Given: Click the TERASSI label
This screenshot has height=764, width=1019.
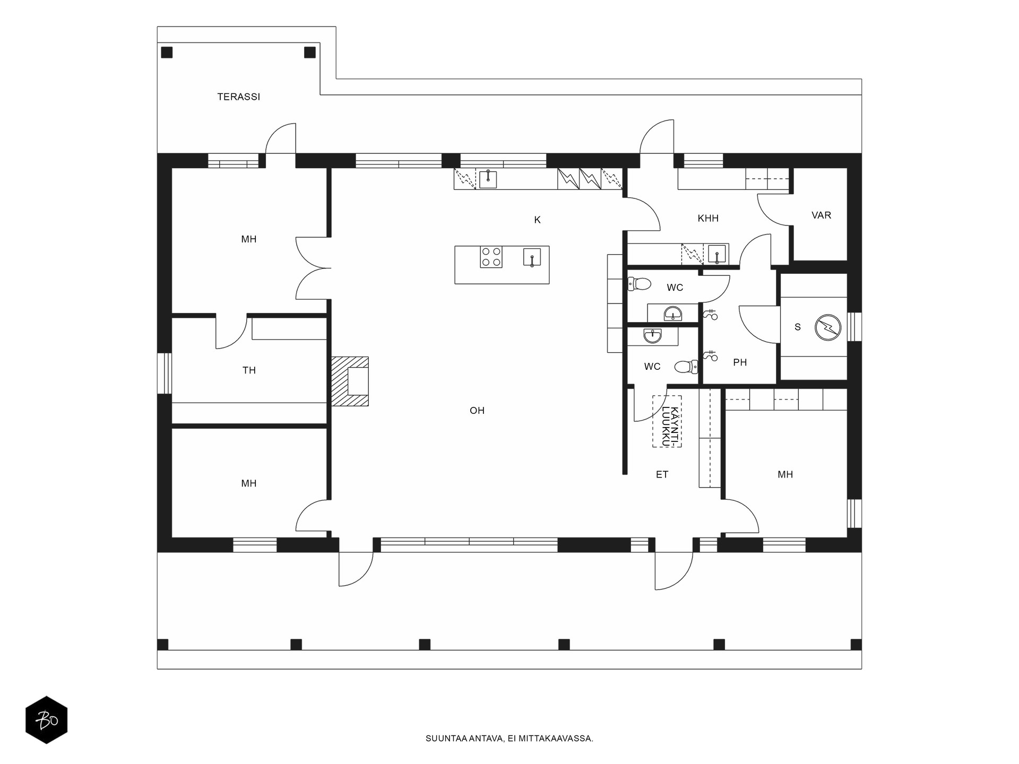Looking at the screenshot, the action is pyautogui.click(x=239, y=97).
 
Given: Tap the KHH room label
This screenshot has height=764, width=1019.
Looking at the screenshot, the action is pyautogui.click(x=708, y=218).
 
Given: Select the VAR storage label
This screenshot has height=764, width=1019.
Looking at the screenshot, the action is pyautogui.click(x=821, y=215).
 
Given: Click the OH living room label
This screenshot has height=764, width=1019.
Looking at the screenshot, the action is pyautogui.click(x=477, y=411).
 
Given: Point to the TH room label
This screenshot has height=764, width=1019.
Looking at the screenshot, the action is pyautogui.click(x=249, y=371).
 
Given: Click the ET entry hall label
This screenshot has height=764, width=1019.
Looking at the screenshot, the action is pyautogui.click(x=662, y=475).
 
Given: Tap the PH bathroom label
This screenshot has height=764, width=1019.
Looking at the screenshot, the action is pyautogui.click(x=740, y=363).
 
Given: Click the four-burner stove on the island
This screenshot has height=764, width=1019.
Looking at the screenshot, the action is pyautogui.click(x=491, y=257).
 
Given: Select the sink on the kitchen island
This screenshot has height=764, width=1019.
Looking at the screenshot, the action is pyautogui.click(x=532, y=257).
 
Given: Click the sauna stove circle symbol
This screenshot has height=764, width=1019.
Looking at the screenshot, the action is pyautogui.click(x=828, y=327).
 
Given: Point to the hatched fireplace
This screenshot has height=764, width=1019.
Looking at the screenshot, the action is pyautogui.click(x=350, y=381).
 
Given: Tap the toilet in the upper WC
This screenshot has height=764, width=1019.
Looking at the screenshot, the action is pyautogui.click(x=640, y=284).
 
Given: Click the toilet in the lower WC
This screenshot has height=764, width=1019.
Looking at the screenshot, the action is pyautogui.click(x=687, y=367).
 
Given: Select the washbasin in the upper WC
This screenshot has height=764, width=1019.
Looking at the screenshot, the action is pyautogui.click(x=673, y=314).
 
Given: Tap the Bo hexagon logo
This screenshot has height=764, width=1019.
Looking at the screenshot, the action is pyautogui.click(x=47, y=720).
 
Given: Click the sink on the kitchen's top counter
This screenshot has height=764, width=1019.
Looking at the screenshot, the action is pyautogui.click(x=488, y=179).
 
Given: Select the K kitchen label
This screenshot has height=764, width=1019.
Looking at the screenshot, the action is pyautogui.click(x=537, y=220).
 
